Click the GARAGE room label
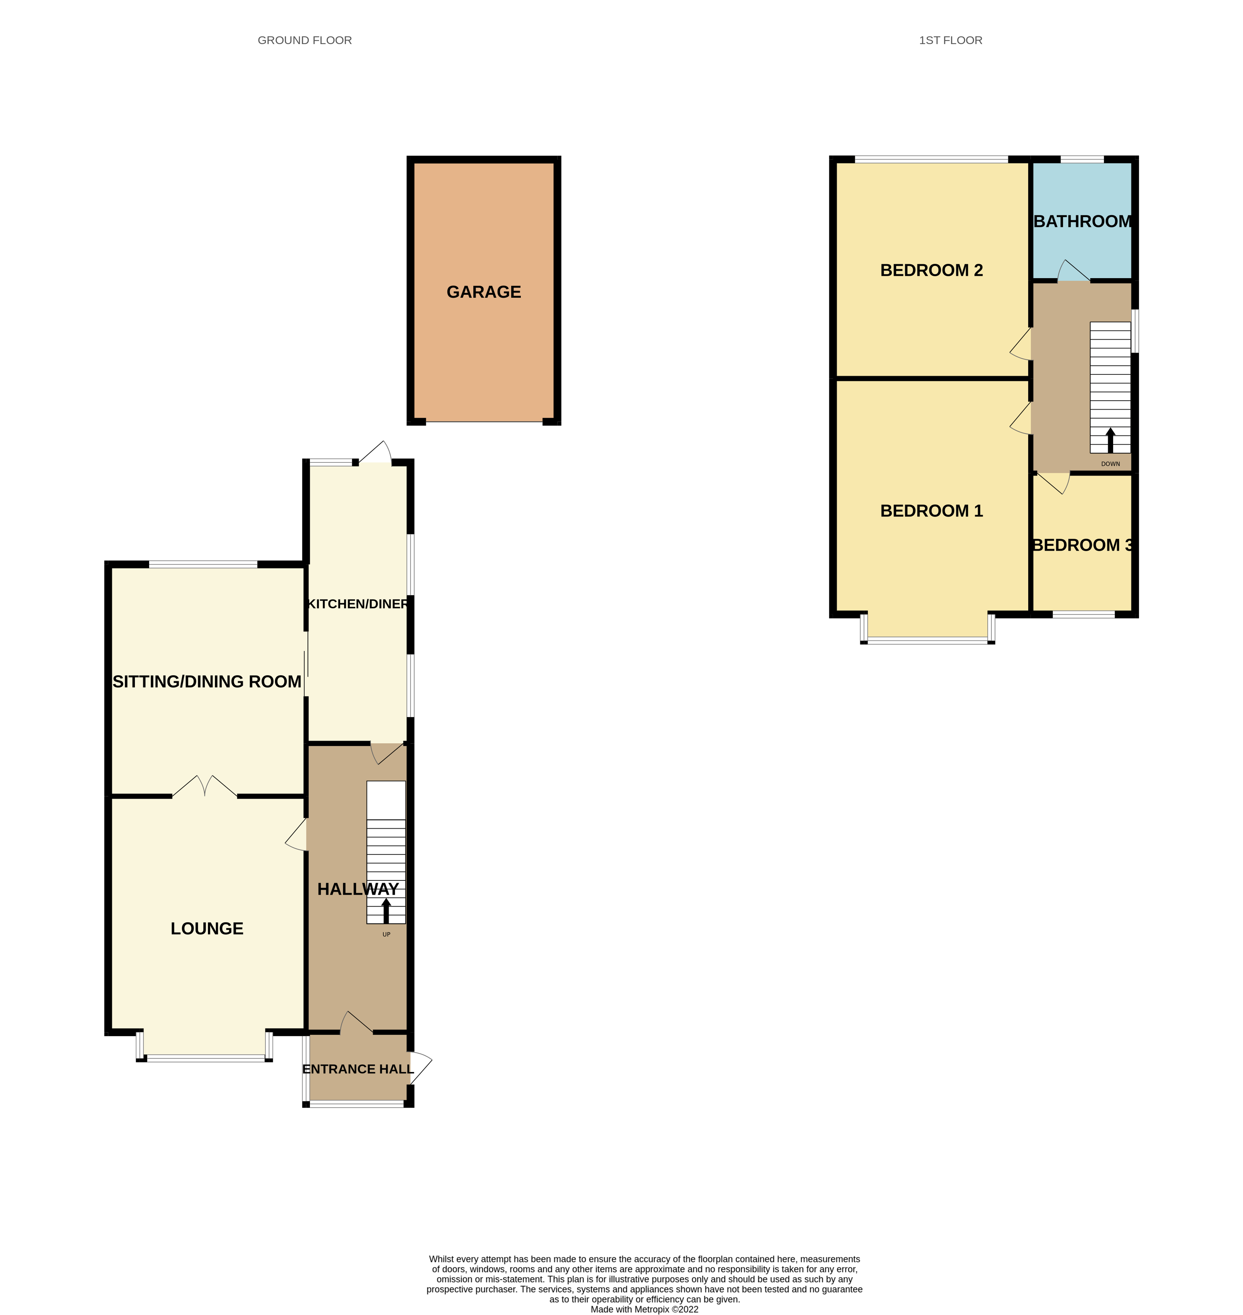click(484, 292)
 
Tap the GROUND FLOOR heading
click(305, 41)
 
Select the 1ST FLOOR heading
click(950, 41)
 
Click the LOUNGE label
click(207, 929)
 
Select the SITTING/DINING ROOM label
click(207, 682)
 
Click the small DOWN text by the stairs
click(1110, 464)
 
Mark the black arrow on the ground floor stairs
click(386, 911)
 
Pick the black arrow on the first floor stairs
click(1110, 440)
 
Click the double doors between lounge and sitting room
click(205, 787)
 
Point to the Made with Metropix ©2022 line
click(644, 1309)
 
